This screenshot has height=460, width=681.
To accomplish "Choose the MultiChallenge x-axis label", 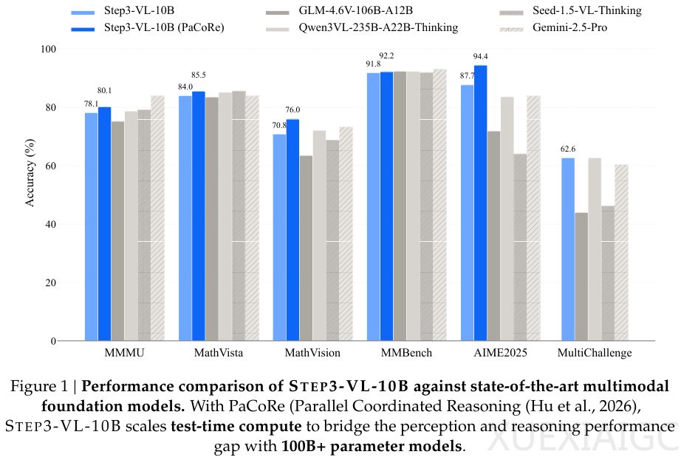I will (x=595, y=353).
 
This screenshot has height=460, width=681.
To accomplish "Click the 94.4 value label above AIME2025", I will (x=482, y=56).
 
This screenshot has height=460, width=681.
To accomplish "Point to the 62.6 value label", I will (x=567, y=149).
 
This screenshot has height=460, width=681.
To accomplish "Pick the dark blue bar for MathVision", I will (x=292, y=230).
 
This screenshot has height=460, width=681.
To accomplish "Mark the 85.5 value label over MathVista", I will (x=199, y=75).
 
